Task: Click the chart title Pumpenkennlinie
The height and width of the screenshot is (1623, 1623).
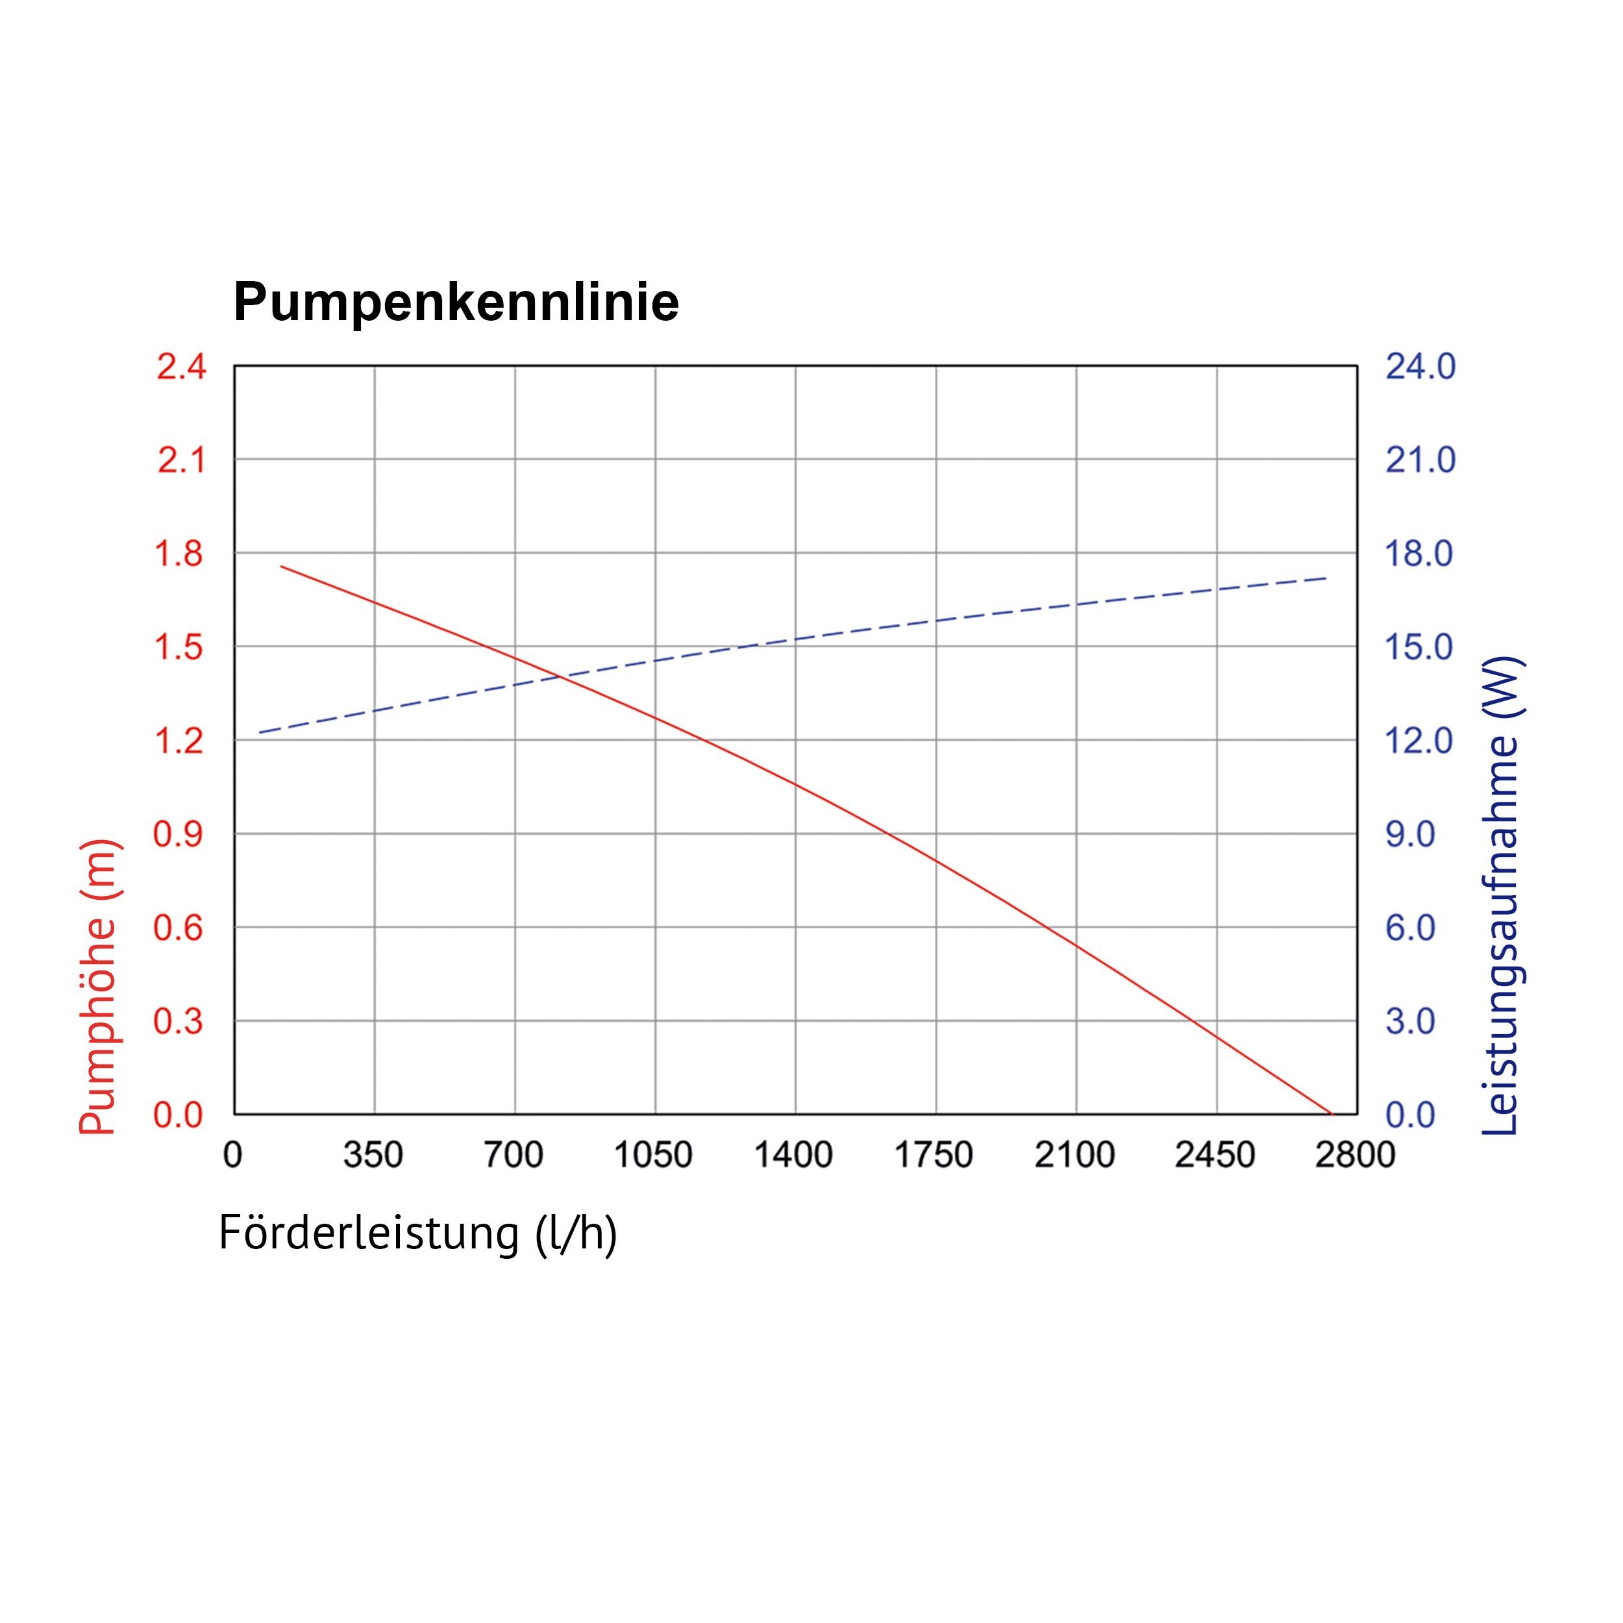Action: coord(456,303)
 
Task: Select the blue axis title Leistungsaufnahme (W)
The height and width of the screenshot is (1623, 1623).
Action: coord(1501,895)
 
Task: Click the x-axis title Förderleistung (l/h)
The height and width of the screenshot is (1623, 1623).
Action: coord(417,1233)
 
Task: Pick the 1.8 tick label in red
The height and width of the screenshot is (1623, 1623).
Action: coord(179,554)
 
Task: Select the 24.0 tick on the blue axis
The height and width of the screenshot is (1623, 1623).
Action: coord(1420,367)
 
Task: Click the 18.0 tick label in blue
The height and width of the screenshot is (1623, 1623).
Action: coord(1419,554)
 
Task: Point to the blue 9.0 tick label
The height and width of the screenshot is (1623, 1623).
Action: coord(1411,835)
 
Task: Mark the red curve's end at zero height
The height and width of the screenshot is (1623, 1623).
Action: coord(1332,1114)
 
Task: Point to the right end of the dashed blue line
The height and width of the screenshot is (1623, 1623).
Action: coord(1326,578)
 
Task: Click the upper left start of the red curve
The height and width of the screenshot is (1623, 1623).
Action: coord(281,566)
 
